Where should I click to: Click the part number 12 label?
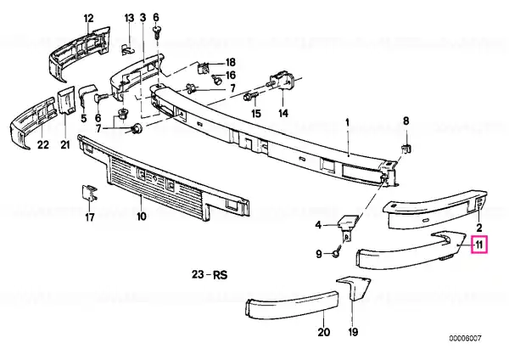88,18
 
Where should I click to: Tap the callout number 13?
129,18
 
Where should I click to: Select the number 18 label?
230,62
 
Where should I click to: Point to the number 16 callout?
231,76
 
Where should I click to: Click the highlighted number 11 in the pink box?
479,245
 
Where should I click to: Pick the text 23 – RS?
210,275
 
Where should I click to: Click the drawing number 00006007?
465,339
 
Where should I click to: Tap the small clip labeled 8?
406,149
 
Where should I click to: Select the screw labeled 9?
337,252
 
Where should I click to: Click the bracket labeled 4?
347,224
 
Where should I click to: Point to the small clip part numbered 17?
90,194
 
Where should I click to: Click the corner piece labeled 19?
355,287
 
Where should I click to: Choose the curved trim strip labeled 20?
292,305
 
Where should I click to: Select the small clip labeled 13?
129,49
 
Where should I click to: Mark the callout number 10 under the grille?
142,216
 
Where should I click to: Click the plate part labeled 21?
66,100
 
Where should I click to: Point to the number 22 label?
43,144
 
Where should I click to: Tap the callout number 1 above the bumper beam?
347,123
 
